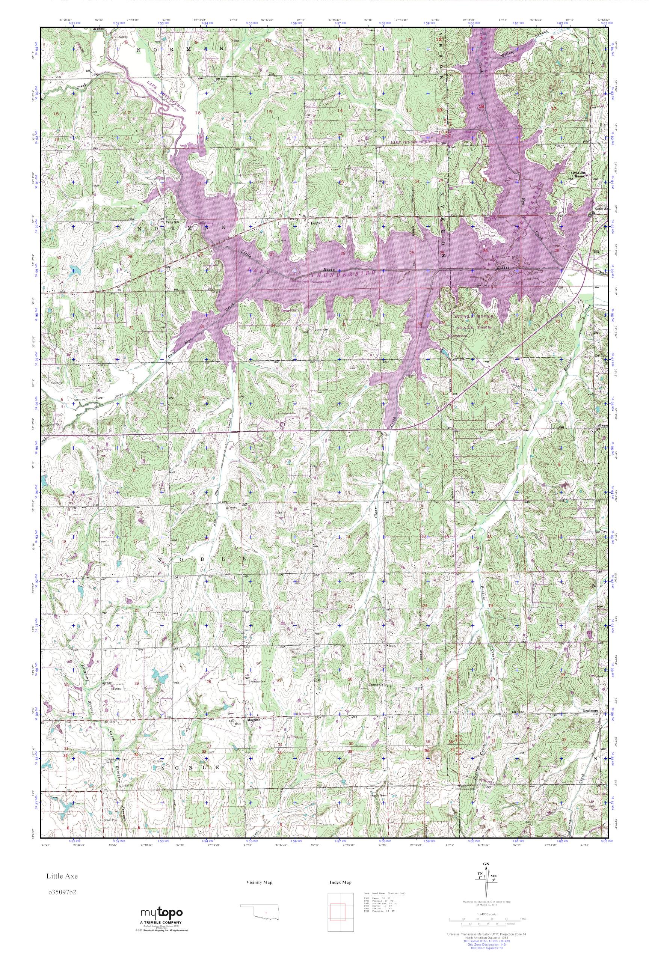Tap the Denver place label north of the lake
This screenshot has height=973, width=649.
point(315,222)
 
